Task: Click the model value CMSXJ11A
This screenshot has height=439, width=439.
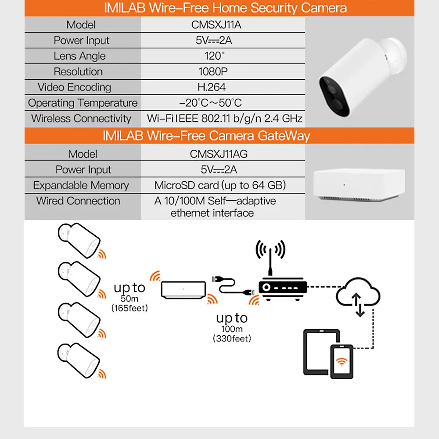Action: [216, 25]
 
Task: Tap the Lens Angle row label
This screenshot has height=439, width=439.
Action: [79, 56]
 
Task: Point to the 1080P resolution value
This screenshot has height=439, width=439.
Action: [212, 72]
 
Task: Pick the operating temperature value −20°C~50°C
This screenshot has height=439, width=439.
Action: [210, 103]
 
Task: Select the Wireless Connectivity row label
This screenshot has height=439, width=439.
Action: [81, 119]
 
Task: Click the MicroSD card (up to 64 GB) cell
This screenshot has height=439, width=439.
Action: [220, 185]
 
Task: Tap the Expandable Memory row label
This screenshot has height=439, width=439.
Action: [81, 185]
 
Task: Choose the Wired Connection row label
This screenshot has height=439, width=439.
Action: [78, 201]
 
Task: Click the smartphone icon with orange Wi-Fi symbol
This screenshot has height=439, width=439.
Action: [342, 360]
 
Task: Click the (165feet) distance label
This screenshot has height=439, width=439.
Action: [130, 309]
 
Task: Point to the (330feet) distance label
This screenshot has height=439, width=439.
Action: [232, 338]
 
